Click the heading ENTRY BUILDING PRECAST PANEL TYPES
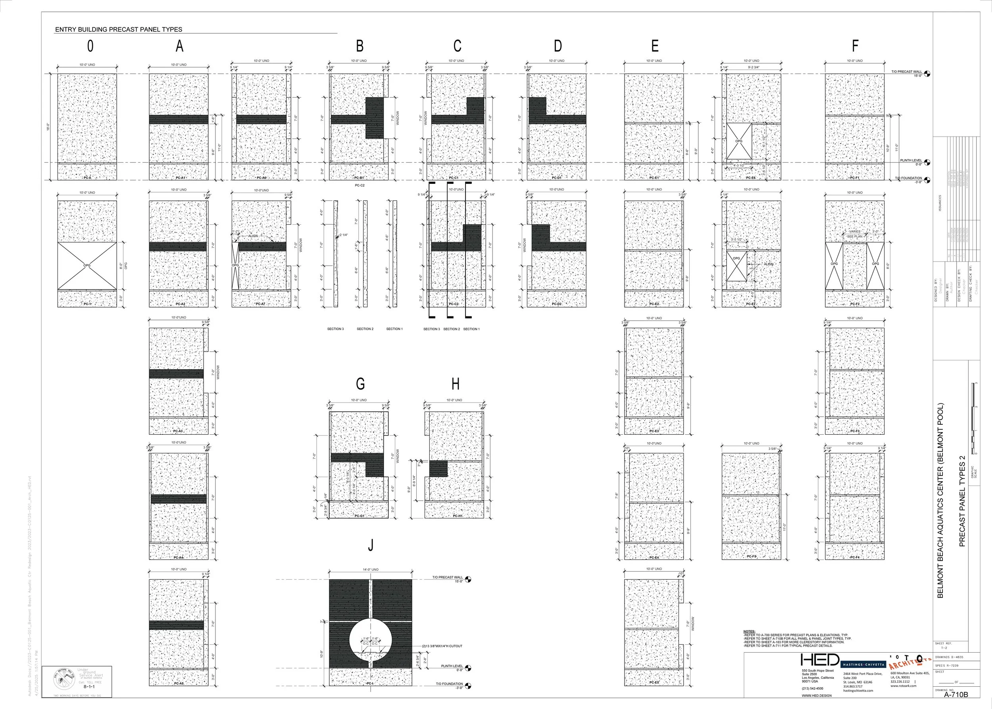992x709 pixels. point(118,30)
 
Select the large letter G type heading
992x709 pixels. point(360,384)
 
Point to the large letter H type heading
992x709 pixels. point(455,384)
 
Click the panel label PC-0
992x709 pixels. point(87,178)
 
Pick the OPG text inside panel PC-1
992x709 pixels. point(87,265)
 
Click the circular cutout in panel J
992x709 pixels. point(371,640)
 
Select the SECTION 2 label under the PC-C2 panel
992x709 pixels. point(451,329)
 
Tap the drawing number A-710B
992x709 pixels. point(956,695)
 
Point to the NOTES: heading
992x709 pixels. point(749,632)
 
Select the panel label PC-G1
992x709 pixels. point(359,516)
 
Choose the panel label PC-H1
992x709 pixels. point(458,516)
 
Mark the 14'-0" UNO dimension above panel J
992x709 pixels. point(370,570)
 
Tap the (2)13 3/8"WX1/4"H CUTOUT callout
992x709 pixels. point(442,646)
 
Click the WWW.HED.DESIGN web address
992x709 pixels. point(816,696)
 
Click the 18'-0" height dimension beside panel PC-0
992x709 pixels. point(48,127)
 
